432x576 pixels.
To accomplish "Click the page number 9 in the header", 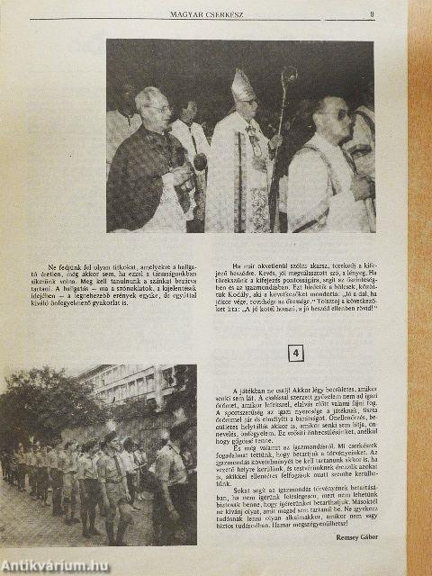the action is tap(373, 13).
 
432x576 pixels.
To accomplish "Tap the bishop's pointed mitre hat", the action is tap(243, 85).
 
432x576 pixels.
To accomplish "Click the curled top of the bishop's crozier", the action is tap(289, 76).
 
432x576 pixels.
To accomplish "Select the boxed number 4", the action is tap(296, 354).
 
